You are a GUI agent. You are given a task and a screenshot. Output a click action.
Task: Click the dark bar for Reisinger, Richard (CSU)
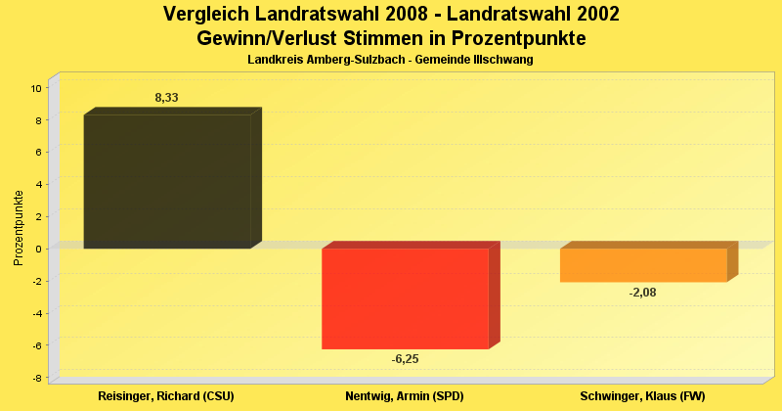[x=167, y=181]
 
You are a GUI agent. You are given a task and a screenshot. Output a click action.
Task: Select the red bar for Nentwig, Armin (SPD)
[x=405, y=298]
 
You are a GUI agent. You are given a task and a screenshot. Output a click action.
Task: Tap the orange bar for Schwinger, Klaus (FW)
[x=643, y=265]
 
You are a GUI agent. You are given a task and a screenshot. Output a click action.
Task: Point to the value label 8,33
[x=166, y=98]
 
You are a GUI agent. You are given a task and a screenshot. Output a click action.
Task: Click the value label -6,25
[x=405, y=359]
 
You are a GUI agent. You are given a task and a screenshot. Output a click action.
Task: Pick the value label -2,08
[x=643, y=292]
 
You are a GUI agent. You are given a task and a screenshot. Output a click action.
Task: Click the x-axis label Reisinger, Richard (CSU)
[x=166, y=396]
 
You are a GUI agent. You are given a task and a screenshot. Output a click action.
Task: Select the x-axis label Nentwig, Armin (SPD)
[x=405, y=396]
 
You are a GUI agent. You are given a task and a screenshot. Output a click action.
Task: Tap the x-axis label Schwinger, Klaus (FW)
[x=642, y=396]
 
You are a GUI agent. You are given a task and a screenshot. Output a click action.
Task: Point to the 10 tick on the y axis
[x=35, y=88]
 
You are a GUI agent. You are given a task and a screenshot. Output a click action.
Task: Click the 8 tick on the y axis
[x=37, y=120]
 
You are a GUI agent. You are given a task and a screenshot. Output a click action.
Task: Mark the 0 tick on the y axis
[x=37, y=249]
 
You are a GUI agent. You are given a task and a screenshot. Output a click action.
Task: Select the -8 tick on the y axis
[x=35, y=378]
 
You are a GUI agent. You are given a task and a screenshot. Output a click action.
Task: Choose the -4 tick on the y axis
[x=35, y=313]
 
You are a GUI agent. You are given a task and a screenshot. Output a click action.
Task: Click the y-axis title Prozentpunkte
[x=19, y=227]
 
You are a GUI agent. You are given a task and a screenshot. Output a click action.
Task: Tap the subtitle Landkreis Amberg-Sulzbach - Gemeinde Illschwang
[x=390, y=60]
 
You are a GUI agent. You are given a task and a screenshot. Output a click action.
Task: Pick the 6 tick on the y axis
[x=37, y=153]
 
